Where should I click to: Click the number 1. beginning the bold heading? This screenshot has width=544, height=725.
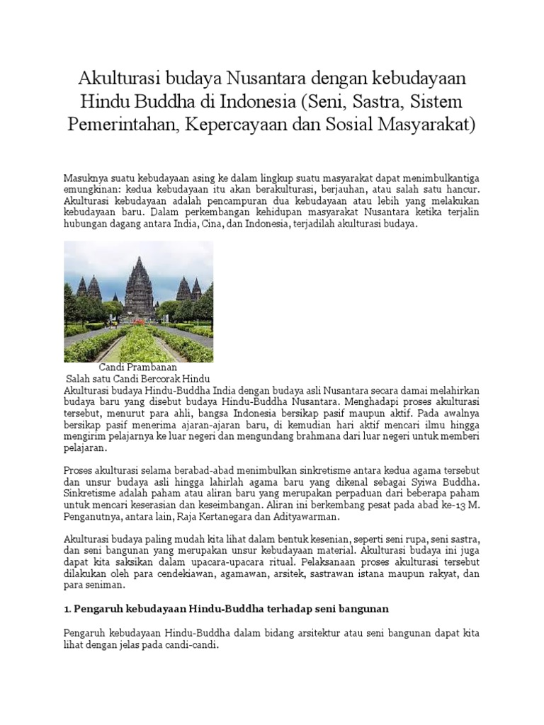tap(68, 608)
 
